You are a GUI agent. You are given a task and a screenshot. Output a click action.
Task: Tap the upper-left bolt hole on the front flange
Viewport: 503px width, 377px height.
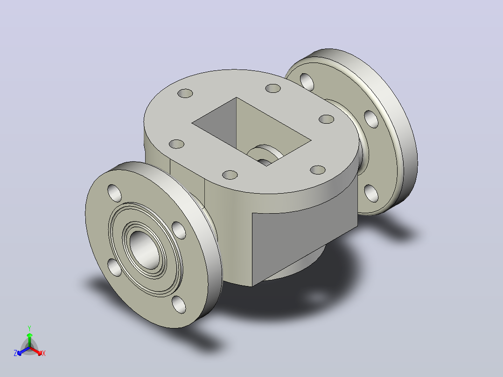tap(114, 193)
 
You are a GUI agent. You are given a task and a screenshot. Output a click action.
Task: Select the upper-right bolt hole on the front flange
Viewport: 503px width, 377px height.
tap(179, 230)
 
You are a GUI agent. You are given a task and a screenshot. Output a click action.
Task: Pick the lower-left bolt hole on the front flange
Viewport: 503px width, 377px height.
tap(114, 268)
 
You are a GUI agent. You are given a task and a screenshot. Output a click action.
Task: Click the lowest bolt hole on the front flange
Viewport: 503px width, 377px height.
tap(179, 305)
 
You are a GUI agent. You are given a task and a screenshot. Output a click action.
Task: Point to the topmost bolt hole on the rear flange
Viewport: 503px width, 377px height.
tap(307, 82)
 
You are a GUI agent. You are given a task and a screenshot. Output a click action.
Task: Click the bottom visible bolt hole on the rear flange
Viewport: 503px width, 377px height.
tap(371, 193)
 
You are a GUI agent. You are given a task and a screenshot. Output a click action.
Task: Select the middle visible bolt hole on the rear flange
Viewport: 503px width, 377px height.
tap(371, 119)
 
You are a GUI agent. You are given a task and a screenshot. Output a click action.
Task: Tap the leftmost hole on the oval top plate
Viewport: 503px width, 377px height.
tap(176, 144)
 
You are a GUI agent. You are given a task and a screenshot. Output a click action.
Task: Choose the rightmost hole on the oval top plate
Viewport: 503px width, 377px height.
tap(327, 119)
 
